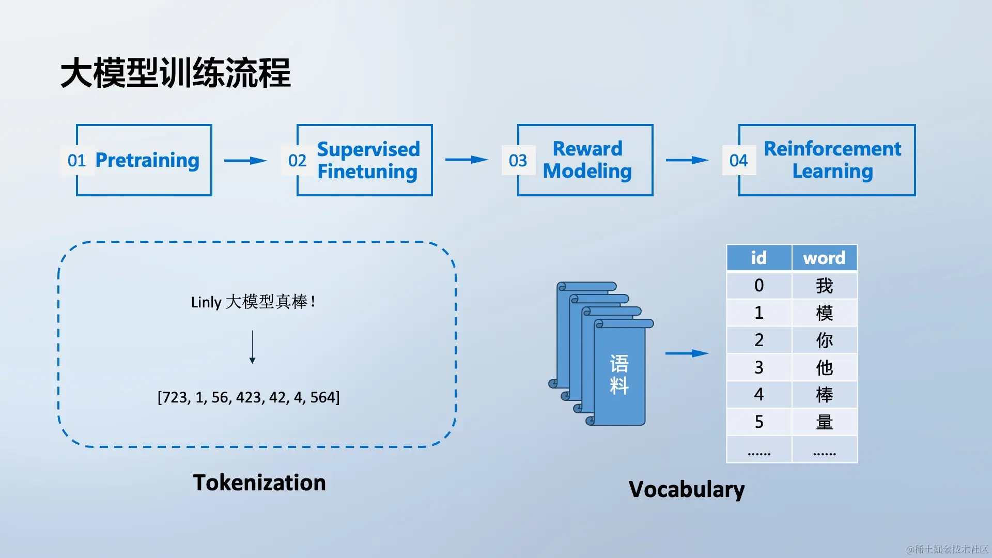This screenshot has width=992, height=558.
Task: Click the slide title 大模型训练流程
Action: click(x=176, y=73)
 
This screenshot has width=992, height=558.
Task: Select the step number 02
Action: click(x=297, y=161)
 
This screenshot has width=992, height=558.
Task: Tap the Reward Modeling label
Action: click(x=587, y=160)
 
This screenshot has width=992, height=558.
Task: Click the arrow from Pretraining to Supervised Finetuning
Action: click(x=245, y=161)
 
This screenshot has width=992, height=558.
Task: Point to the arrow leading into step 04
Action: click(x=687, y=160)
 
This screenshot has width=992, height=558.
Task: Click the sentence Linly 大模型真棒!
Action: click(x=253, y=302)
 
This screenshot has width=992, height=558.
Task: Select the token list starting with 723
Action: click(x=249, y=397)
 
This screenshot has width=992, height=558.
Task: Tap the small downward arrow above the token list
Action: click(x=252, y=347)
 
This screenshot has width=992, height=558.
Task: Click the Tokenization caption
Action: click(x=259, y=483)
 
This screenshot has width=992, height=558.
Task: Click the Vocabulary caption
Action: click(x=687, y=489)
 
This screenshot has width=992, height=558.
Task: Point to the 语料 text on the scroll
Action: click(x=619, y=375)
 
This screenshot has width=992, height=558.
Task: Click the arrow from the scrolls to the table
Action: click(x=687, y=353)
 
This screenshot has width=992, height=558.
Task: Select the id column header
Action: click(x=759, y=258)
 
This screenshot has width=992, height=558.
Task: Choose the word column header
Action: click(x=825, y=258)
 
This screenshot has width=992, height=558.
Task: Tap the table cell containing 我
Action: click(x=825, y=285)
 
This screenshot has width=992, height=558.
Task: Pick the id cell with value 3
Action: click(x=759, y=367)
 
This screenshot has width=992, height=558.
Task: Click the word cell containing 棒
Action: click(x=825, y=395)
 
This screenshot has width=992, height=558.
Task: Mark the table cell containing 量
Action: click(x=825, y=422)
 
